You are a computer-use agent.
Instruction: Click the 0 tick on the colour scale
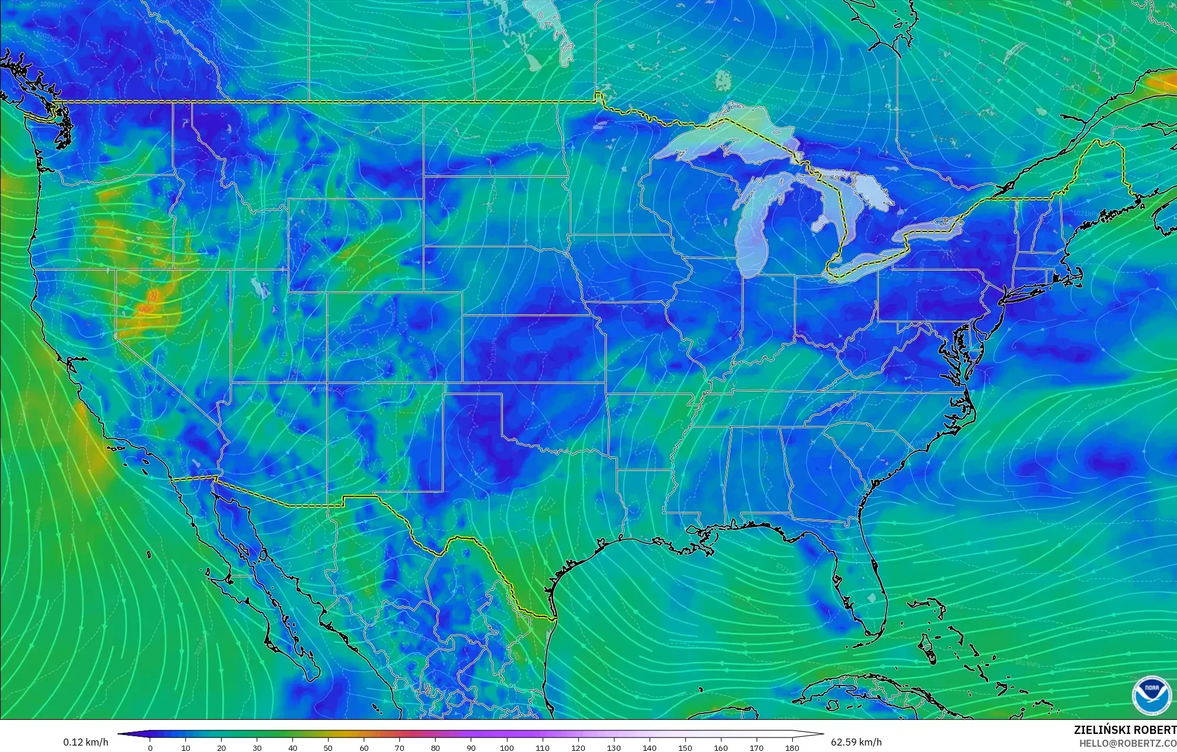point(150,747)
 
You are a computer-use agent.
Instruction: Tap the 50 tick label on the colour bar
point(328,747)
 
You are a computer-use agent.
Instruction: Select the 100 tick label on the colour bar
point(506,747)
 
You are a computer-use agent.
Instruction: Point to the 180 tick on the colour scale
point(792,747)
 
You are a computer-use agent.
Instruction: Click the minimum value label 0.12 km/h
point(85,742)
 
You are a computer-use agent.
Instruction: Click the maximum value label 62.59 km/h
point(856,742)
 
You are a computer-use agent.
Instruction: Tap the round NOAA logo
point(1151,695)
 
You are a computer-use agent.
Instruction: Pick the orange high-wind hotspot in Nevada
point(149,304)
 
